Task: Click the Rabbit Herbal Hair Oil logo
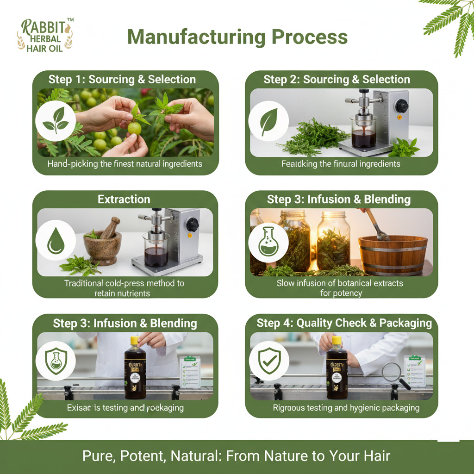coord(45,35)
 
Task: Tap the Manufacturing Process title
coord(237,37)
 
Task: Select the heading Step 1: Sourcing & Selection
coord(122,79)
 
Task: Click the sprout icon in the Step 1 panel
coord(56,121)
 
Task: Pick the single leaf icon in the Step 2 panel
coord(268,121)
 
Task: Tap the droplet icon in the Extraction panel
coord(56,240)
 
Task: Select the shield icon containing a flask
coord(56,361)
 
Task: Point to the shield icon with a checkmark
coord(268,361)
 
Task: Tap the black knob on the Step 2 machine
coord(401,106)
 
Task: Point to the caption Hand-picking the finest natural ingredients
coord(125,164)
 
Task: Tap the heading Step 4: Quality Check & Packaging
coord(344,323)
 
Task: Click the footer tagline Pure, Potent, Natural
coord(237,456)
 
